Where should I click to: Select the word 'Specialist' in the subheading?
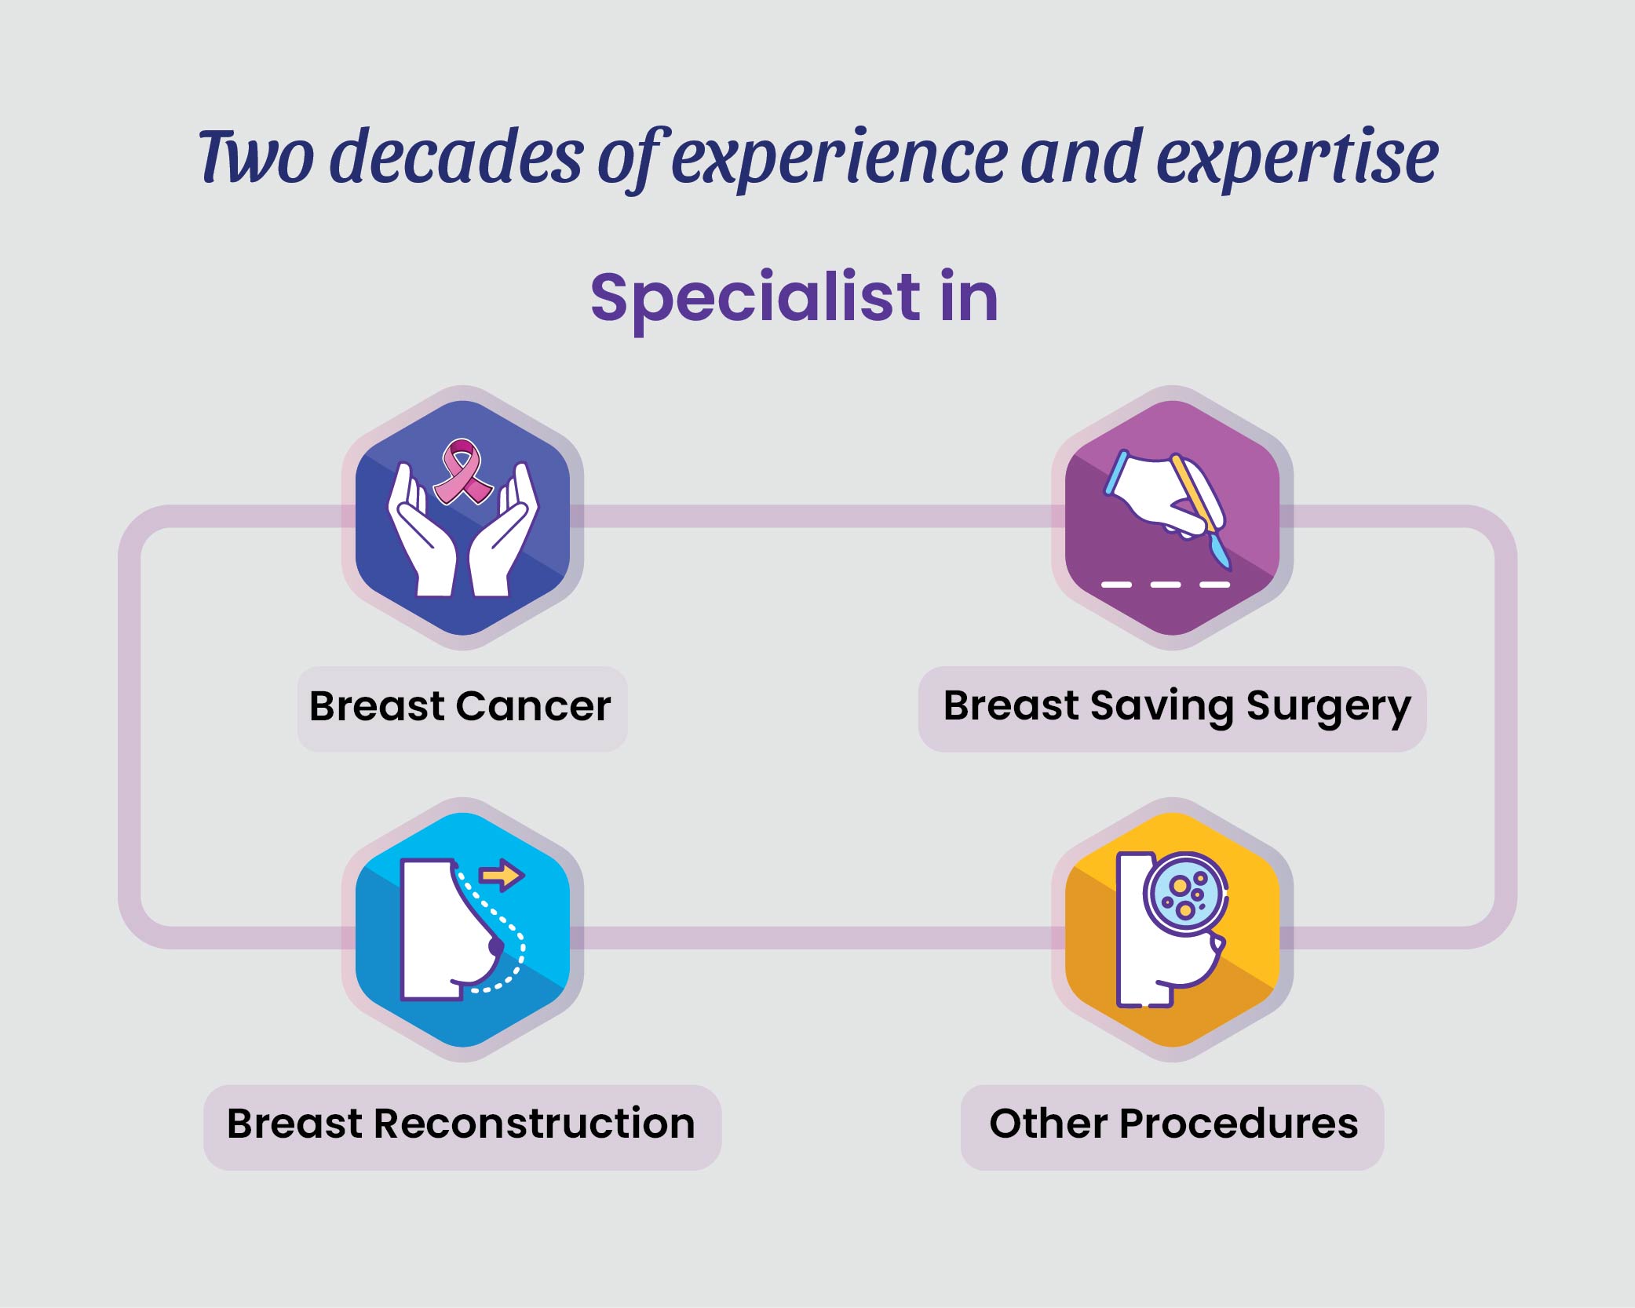[755, 298]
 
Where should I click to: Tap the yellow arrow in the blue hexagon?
[502, 874]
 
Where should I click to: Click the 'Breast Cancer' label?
[461, 706]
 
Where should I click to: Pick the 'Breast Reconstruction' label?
[462, 1124]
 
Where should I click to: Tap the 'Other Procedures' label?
[1173, 1124]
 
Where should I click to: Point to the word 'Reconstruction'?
[535, 1124]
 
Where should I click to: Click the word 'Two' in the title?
[257, 157]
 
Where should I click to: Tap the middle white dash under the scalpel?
[1165, 585]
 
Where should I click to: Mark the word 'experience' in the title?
[838, 157]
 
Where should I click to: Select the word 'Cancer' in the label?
[533, 706]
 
